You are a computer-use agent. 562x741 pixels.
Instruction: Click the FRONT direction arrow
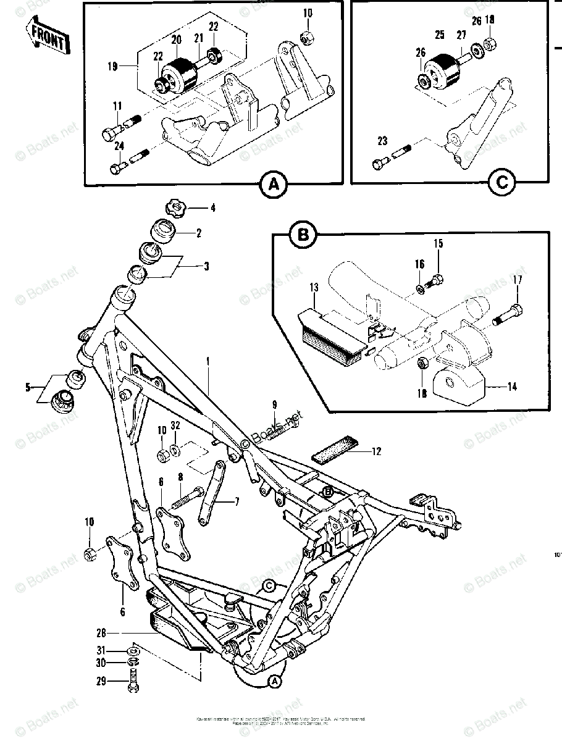point(46,38)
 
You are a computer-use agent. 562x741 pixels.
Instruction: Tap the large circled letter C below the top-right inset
point(501,182)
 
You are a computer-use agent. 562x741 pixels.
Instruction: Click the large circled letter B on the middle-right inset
point(303,235)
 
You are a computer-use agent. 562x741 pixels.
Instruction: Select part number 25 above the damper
point(439,35)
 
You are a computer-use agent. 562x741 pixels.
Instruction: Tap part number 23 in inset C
point(382,141)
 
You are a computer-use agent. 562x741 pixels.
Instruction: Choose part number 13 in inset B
point(314,288)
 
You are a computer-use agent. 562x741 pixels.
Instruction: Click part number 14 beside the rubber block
point(512,387)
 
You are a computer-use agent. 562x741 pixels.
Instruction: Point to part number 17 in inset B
point(517,280)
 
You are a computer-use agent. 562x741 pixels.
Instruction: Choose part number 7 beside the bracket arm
point(237,502)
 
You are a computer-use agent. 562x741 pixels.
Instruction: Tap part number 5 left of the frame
point(28,388)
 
